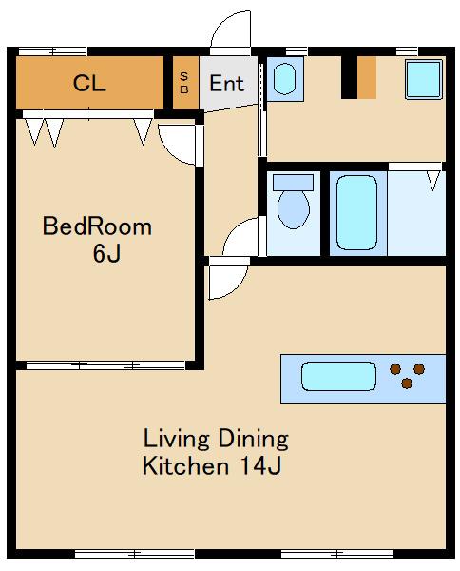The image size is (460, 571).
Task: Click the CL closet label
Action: coord(89,83)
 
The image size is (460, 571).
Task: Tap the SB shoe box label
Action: coord(184,83)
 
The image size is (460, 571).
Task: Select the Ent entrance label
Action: coord(226,84)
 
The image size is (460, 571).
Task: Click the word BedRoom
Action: coord(97,226)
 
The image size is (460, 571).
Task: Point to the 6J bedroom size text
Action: coord(106,253)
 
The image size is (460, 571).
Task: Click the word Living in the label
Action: coord(177,439)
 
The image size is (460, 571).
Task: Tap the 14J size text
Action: coord(260,465)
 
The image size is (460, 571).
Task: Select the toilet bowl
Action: coord(294,209)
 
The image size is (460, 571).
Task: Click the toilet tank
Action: coord(293,182)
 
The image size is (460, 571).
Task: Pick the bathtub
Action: coord(356,212)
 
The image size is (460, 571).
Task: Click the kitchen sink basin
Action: coord(338,376)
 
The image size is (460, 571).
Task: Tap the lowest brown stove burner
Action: coord(407,384)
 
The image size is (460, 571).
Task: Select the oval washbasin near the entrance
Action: coord(284,79)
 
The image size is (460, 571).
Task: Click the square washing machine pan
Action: coord(424,79)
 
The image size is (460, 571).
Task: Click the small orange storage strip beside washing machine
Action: coord(367,77)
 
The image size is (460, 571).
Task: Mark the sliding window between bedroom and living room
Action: coord(105,365)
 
